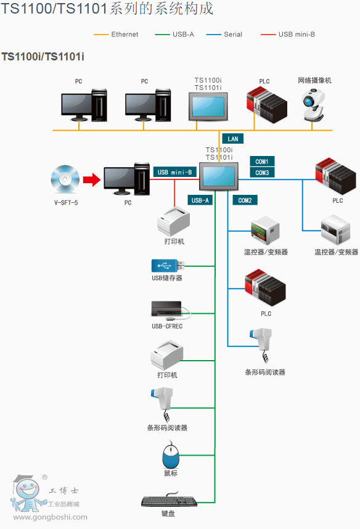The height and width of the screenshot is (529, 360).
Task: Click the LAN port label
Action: tap(233, 139)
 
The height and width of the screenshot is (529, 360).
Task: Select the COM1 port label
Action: tap(262, 162)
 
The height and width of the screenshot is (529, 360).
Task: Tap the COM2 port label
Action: tap(245, 200)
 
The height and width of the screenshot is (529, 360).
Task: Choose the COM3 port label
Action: tap(262, 173)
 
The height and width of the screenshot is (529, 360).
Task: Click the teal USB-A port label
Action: tap(200, 200)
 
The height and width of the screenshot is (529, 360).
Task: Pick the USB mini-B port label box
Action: tap(175, 172)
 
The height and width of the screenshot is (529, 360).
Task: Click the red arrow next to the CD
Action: tap(92, 179)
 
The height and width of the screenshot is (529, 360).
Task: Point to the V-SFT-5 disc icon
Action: tap(65, 179)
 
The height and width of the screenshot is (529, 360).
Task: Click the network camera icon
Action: tap(313, 105)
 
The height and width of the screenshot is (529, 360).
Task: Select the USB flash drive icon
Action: tap(168, 266)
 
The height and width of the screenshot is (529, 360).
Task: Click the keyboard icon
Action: tap(169, 499)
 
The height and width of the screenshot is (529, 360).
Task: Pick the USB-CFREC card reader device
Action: tap(170, 310)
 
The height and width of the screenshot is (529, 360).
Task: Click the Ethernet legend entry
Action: tap(116, 35)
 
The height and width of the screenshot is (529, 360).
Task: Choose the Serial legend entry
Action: tap(224, 35)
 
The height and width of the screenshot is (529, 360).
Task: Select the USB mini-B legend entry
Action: tap(288, 35)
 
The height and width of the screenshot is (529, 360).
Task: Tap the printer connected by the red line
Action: tap(173, 221)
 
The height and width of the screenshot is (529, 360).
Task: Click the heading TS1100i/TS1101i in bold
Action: tap(43, 56)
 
